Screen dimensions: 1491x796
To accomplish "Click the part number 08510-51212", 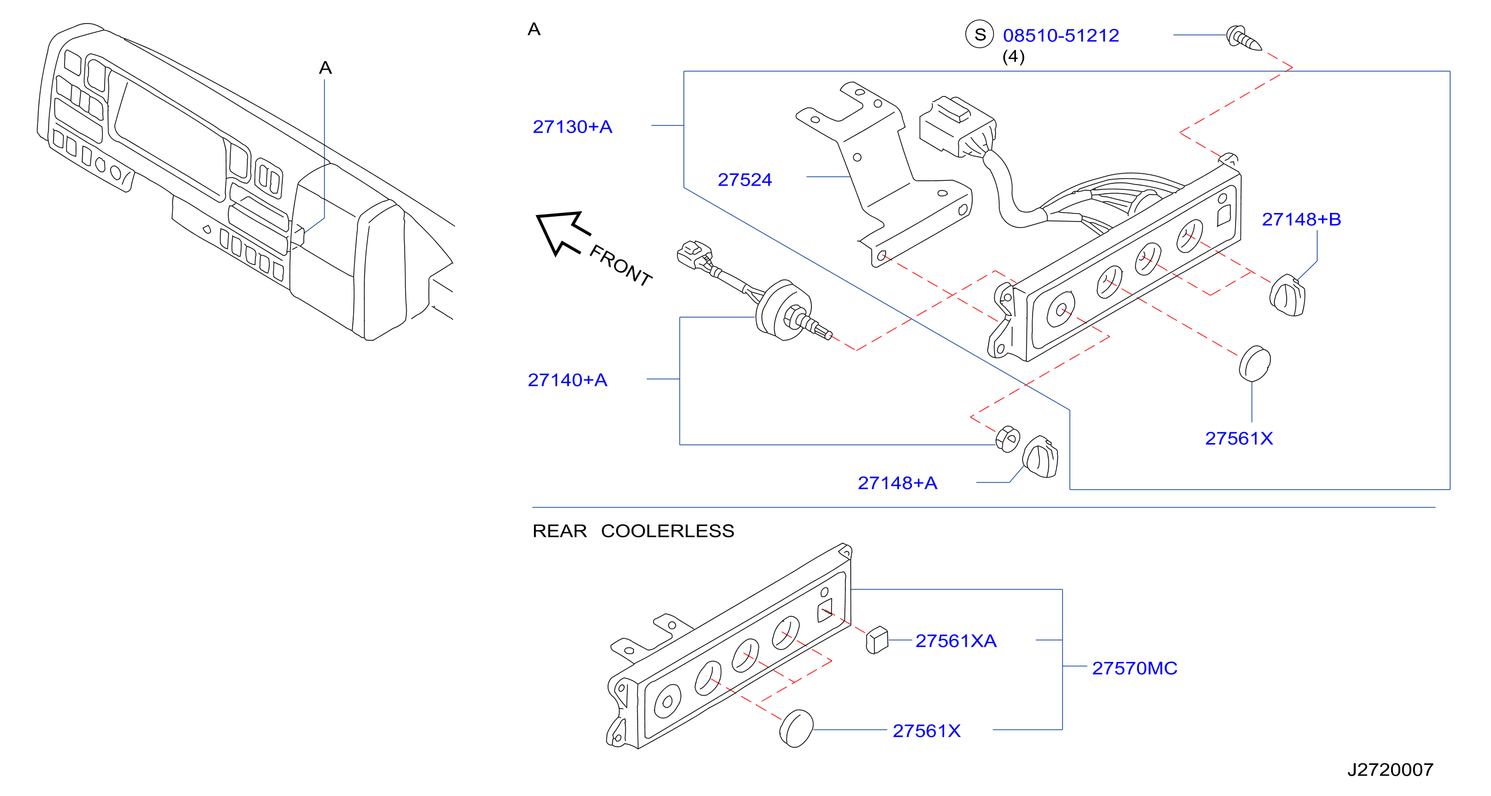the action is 1061,35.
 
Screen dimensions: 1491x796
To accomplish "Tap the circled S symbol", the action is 980,34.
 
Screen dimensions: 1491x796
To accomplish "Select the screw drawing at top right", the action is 1244,38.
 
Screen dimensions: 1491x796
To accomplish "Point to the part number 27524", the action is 744,179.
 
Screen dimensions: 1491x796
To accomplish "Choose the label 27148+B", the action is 1301,219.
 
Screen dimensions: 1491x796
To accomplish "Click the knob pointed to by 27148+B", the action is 1287,296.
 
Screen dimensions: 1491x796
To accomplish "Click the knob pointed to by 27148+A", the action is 1040,457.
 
